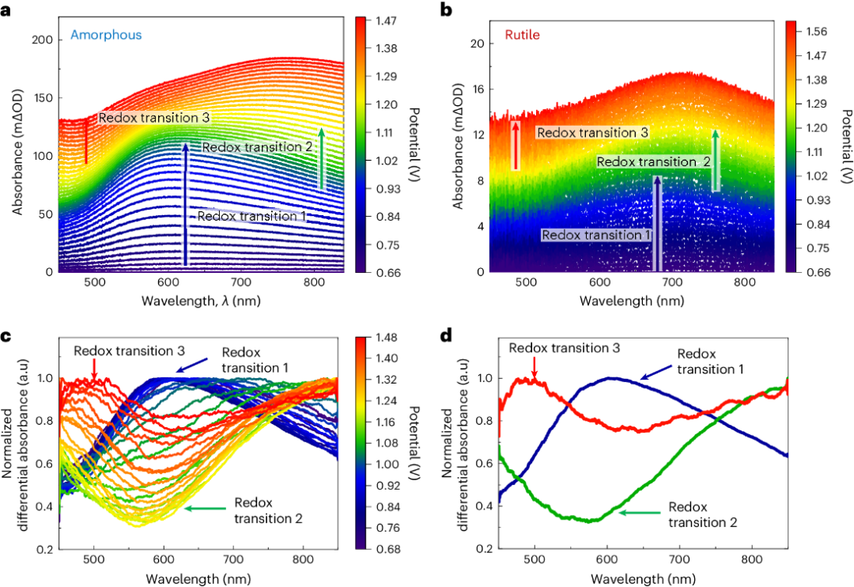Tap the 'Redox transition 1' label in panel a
251,215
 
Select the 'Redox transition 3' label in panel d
562,347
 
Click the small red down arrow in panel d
535,366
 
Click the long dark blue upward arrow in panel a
185,204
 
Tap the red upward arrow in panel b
516,145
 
